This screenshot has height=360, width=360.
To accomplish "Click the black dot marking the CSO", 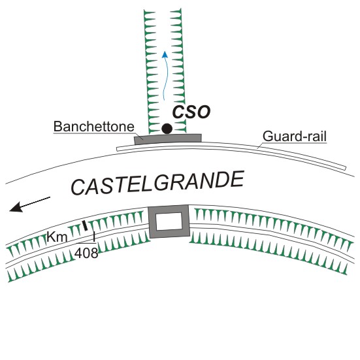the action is point(167,129).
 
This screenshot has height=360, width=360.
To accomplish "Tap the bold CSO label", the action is point(191,112).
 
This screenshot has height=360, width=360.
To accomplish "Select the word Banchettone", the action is point(94,126).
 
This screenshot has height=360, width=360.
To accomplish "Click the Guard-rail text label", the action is point(295,136).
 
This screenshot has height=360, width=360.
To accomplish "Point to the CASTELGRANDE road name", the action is point(157,183).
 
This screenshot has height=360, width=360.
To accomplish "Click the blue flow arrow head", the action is point(165,54).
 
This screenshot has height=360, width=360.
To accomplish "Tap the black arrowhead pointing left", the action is point(16,207).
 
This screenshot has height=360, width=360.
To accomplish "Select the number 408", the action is point(86,253).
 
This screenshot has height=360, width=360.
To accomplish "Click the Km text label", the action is point(57,237).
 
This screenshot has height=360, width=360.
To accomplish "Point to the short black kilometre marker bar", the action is point(85,225).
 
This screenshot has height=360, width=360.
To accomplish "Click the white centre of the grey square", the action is point(169,221).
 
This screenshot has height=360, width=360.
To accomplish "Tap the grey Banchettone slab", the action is point(168,139).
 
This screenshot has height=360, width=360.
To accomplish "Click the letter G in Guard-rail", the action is point(268,137).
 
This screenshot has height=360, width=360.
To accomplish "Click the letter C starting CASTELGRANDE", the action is point(79,187).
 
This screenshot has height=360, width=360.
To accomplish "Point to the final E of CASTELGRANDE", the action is point(237,179).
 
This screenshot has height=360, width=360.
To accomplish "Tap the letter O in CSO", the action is point(203,112).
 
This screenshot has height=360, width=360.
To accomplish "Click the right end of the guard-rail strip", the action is point(346,169).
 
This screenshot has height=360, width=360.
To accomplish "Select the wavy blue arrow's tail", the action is point(164,100).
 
